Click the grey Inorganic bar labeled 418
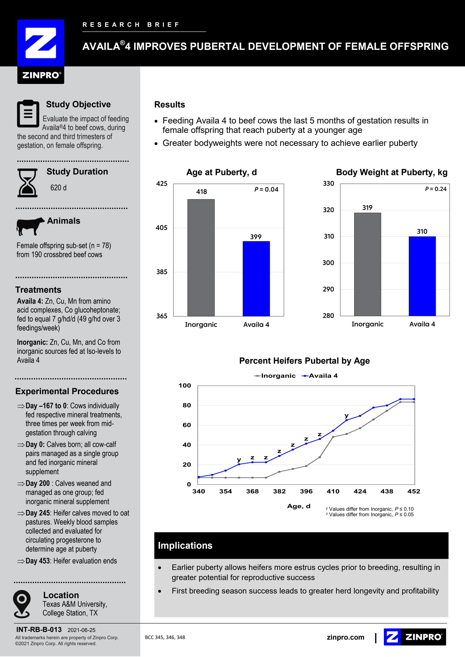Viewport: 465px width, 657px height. tap(201, 258)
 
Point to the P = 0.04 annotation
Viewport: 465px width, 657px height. tap(266, 189)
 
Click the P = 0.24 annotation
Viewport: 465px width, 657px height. tap(436, 189)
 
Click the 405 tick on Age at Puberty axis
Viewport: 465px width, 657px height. tap(162, 228)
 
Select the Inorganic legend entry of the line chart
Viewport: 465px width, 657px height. tap(275, 376)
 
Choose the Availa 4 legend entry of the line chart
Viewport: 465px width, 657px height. tap(320, 376)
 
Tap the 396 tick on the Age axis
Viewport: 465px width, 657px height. tap(306, 491)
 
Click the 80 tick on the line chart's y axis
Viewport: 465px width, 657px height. tap(187, 405)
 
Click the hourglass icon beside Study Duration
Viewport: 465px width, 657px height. tap(27, 183)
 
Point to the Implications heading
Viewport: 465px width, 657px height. tap(185, 545)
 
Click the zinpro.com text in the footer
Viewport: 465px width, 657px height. tap(345, 637)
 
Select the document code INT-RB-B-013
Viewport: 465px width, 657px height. tap(39, 630)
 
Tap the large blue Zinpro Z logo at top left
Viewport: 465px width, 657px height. tap(41, 43)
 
